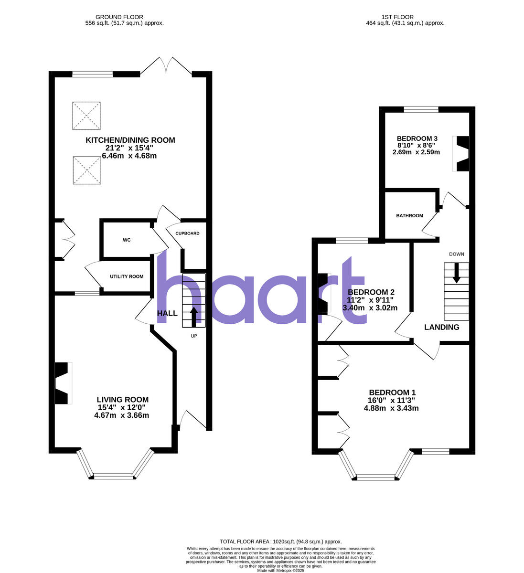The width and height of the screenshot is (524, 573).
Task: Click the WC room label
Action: pyautogui.click(x=127, y=240)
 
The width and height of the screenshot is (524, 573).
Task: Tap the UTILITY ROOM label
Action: pyautogui.click(x=127, y=276)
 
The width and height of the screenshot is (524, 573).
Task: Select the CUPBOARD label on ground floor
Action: pyautogui.click(x=187, y=233)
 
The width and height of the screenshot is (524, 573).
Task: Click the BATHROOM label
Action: pyautogui.click(x=409, y=216)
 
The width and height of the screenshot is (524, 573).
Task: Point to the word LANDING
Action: pyautogui.click(x=442, y=327)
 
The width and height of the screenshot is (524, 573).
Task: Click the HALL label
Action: pyautogui.click(x=167, y=313)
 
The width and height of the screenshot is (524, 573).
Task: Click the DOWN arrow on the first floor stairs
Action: pyautogui.click(x=457, y=272)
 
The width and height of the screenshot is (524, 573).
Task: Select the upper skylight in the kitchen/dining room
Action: pyautogui.click(x=86, y=116)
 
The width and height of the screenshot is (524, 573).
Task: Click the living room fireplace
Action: pyautogui.click(x=63, y=383)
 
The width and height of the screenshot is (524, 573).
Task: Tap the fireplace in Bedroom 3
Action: pyautogui.click(x=462, y=154)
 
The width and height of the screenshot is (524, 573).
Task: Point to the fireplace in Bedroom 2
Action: pyautogui.click(x=323, y=292)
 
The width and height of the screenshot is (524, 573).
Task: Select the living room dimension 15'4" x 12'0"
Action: pyautogui.click(x=122, y=407)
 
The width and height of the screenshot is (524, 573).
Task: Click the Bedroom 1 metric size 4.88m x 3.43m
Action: pyautogui.click(x=391, y=408)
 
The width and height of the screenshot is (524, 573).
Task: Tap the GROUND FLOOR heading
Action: pyautogui.click(x=120, y=17)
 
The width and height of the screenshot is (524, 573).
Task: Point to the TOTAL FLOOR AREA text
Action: pyautogui.click(x=280, y=541)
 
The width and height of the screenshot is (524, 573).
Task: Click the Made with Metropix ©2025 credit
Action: pyautogui.click(x=280, y=570)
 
